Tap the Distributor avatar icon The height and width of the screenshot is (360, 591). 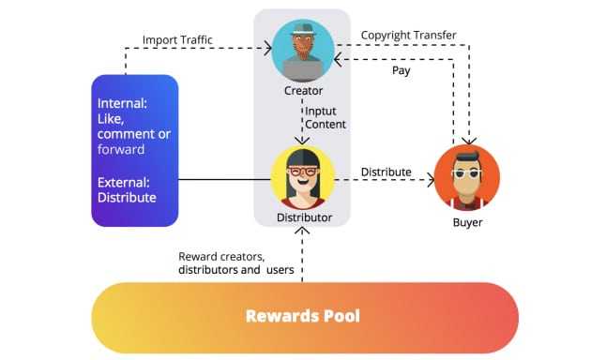[302, 177]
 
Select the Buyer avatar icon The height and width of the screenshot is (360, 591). [466, 177]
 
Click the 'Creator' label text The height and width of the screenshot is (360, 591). [303, 91]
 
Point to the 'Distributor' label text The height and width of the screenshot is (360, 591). [303, 217]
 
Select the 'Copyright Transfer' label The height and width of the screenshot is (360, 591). [409, 36]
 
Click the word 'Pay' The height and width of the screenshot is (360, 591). [402, 70]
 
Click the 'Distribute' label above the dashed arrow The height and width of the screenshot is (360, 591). [386, 172]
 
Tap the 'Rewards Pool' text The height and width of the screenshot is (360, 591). [303, 315]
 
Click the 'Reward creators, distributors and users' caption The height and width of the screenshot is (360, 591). [235, 263]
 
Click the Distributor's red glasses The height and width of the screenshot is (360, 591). [302, 172]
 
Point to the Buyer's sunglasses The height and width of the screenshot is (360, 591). [466, 173]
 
